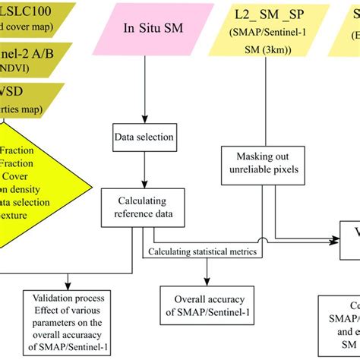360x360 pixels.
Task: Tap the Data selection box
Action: [x=144, y=138]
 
